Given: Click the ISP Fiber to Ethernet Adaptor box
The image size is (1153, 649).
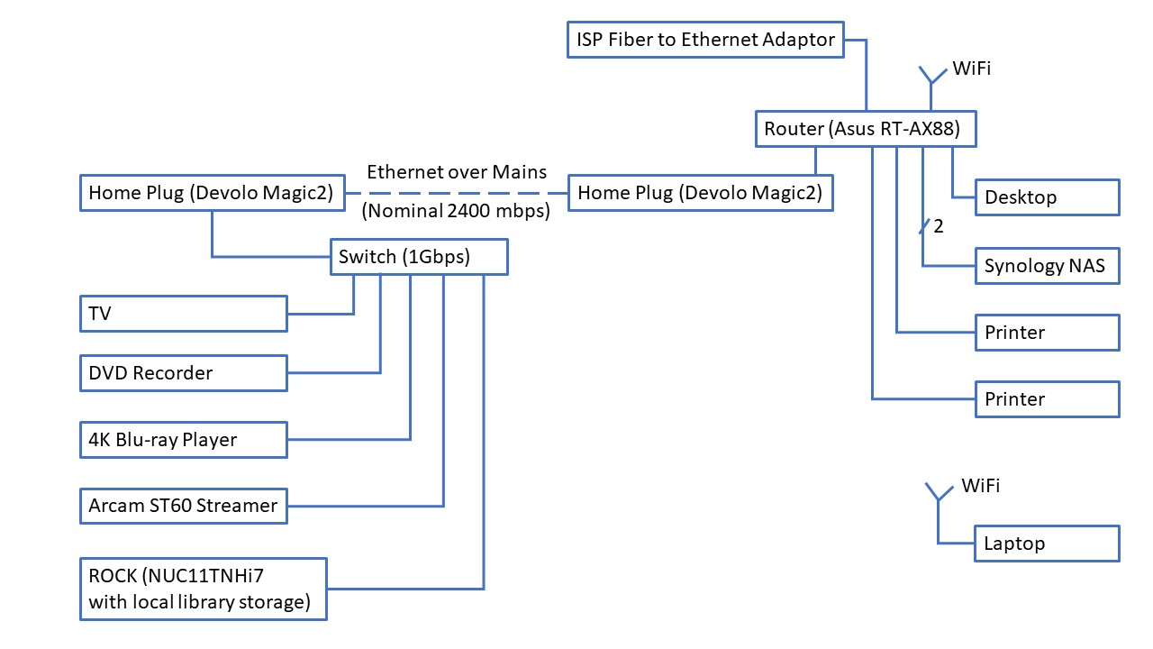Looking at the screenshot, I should (705, 40).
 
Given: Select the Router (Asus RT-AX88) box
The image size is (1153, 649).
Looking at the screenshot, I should (866, 129).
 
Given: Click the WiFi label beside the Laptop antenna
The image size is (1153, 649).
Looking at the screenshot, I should (980, 486).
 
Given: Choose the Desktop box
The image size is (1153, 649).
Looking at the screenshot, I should (1047, 197).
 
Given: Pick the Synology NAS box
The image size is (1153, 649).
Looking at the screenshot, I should (1047, 266).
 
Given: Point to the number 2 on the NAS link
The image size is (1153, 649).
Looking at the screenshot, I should (939, 227).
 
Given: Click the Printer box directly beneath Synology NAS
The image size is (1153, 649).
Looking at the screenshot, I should (1047, 333).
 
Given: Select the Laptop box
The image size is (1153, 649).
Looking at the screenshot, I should (1047, 544).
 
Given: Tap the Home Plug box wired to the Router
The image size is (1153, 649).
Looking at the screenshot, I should (700, 193).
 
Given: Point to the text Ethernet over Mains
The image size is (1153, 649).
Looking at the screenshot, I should (457, 172).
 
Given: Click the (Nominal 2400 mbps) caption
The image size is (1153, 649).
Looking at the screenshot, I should (457, 213).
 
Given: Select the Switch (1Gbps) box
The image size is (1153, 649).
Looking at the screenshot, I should (419, 257).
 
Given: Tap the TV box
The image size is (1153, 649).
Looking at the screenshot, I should (183, 314).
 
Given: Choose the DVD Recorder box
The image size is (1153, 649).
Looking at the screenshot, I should (183, 373).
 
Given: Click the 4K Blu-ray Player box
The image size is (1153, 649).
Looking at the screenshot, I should (183, 440).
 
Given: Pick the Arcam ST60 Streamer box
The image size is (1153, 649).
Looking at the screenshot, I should (183, 505).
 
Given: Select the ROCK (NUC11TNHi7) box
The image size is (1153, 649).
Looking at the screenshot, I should (203, 590).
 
